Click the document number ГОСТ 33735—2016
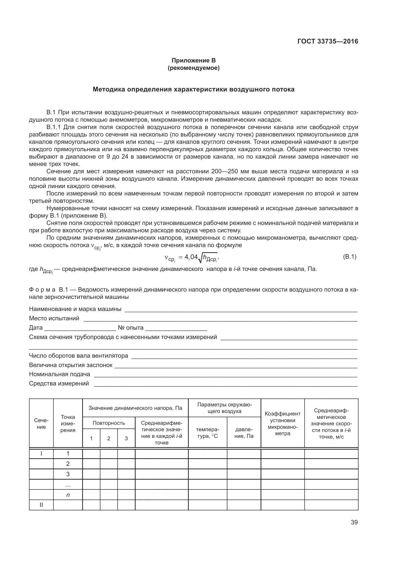pos(328,41)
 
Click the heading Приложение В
pos(193,60)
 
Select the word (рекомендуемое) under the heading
pos(193,68)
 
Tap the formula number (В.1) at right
pos(349,257)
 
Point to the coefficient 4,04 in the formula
pos(191,257)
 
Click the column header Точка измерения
pos(68,424)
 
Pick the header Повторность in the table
pos(109,423)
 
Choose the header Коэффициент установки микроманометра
pos(282,424)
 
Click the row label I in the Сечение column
pos(41,454)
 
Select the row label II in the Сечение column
pos(41,505)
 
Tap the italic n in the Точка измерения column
pos(68,495)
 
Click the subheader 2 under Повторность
pos(109,438)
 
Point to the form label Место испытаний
pos(54,318)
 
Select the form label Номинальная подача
pos(59,374)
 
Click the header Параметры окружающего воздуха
pos(224,408)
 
